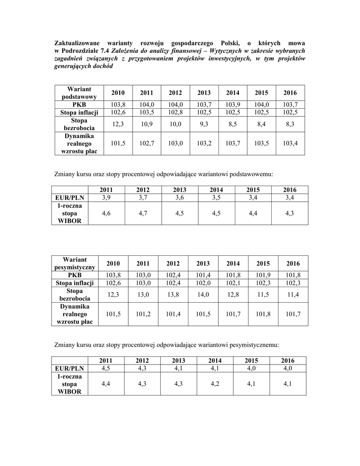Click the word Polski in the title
pyautogui.click(x=224, y=42)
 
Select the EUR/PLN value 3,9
pyautogui.click(x=106, y=197)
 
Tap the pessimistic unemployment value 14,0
pyautogui.click(x=203, y=295)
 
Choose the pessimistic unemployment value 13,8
pyautogui.click(x=173, y=295)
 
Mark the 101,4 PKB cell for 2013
pyautogui.click(x=203, y=275)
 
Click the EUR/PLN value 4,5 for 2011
pyautogui.click(x=106, y=368)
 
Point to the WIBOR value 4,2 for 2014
pyautogui.click(x=215, y=384)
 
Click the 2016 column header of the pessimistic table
pyautogui.click(x=293, y=263)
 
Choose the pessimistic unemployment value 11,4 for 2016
pyautogui.click(x=293, y=295)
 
